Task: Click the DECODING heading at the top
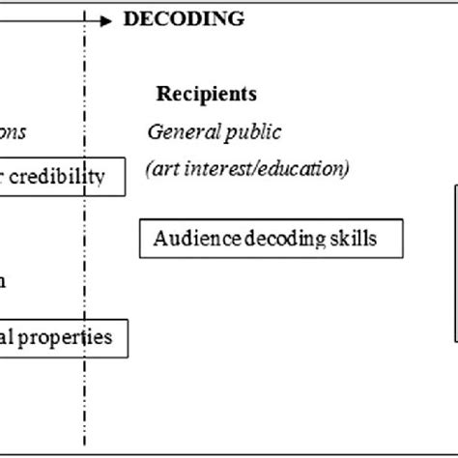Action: tap(184, 18)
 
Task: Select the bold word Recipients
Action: tap(207, 94)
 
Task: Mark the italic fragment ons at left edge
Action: tap(14, 131)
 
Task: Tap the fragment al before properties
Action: tap(8, 338)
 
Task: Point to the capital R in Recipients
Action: tap(163, 94)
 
